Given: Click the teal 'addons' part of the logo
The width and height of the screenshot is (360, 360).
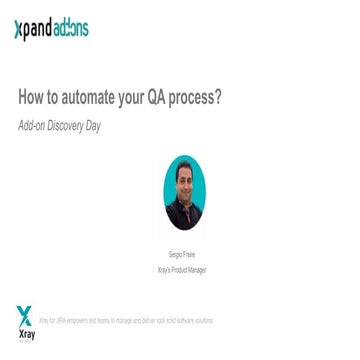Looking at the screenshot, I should coord(73,29).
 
